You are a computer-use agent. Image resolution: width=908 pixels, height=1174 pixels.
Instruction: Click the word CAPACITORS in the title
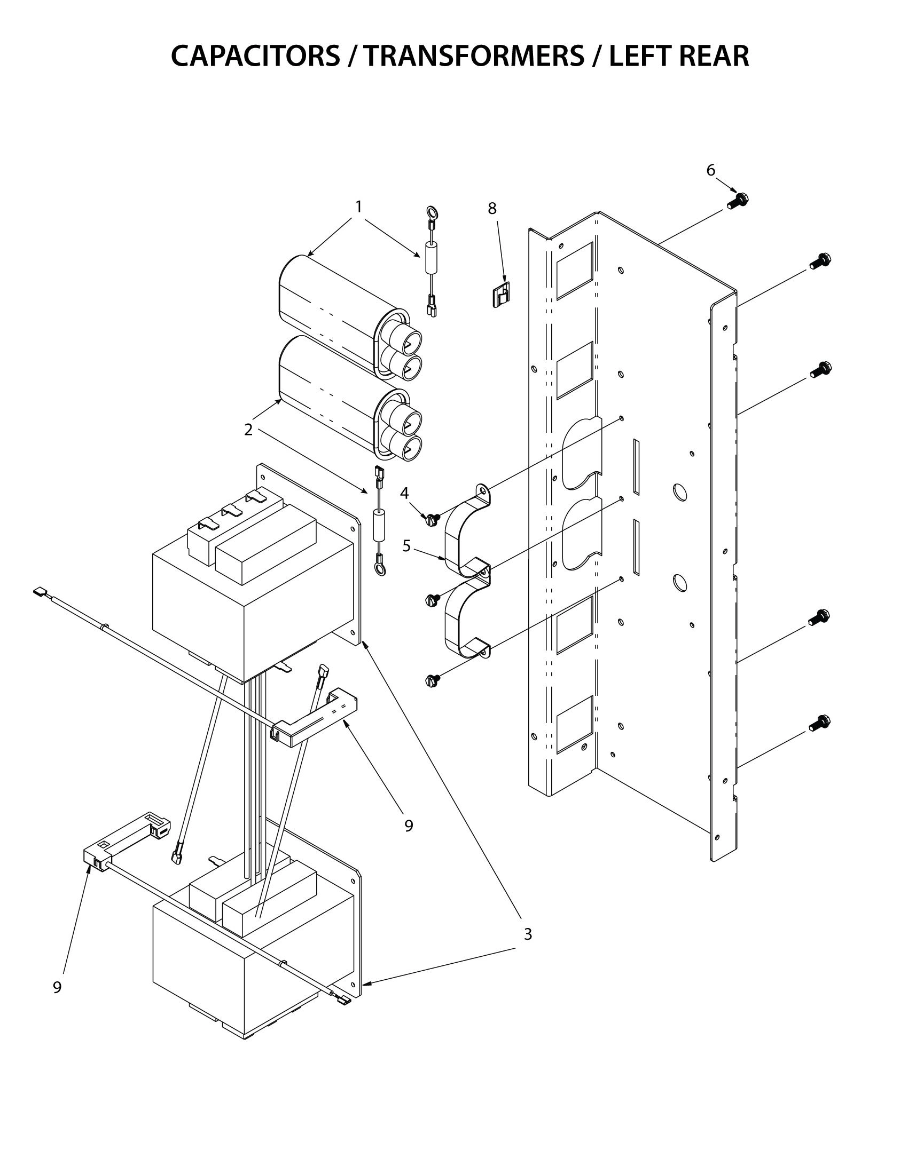tap(255, 56)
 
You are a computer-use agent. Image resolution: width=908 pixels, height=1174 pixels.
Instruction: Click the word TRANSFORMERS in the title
tap(473, 56)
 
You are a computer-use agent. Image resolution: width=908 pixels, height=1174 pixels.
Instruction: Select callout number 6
tap(710, 170)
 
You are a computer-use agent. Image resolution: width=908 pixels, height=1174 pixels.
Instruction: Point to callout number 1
tap(358, 207)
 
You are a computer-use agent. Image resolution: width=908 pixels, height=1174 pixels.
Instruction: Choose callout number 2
tap(248, 430)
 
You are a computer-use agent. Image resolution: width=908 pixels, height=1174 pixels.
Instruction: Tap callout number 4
tap(404, 493)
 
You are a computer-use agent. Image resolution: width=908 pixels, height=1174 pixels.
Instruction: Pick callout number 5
tap(406, 546)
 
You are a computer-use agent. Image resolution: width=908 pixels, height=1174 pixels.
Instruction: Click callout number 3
tap(528, 934)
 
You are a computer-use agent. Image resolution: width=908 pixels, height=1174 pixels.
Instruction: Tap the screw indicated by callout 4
tap(432, 519)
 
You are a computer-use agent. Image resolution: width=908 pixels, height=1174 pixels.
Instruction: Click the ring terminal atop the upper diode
tap(431, 211)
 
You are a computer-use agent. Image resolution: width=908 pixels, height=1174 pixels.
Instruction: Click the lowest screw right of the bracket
tap(819, 723)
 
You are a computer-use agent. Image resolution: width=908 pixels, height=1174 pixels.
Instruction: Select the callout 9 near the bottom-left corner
tap(57, 987)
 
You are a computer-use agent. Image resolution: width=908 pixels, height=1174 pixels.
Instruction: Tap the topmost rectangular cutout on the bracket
tap(575, 271)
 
